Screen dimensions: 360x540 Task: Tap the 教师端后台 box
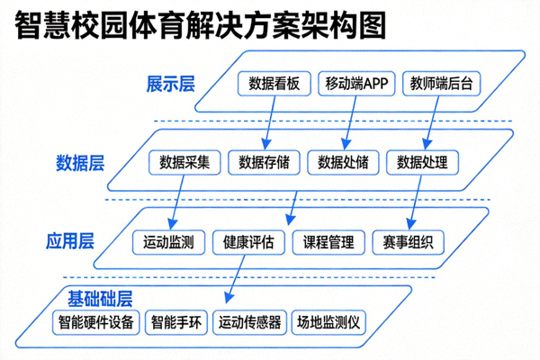pos(440,84)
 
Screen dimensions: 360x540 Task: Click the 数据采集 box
pos(184,163)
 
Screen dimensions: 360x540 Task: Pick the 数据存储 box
pos(264,163)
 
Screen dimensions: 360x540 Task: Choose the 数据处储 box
pos(343,163)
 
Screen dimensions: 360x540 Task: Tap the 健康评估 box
pos(249,242)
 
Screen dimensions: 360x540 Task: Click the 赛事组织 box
pos(408,242)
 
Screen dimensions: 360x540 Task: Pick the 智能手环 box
pos(176,321)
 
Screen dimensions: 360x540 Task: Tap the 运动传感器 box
pos(250,321)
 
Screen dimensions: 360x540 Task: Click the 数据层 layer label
pos(80,163)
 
